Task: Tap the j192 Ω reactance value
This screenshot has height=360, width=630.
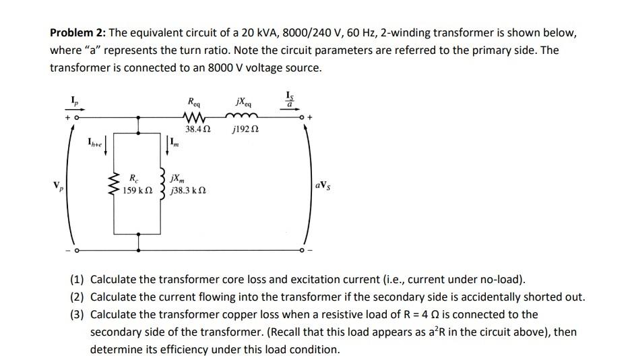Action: (244, 128)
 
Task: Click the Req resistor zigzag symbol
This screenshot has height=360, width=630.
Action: (195, 116)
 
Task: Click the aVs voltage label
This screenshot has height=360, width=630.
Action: (323, 184)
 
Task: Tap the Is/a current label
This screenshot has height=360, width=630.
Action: (290, 99)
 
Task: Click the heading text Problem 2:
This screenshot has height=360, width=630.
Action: (77, 33)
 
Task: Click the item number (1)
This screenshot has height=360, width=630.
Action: (78, 279)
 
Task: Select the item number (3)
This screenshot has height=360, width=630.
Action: (78, 314)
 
